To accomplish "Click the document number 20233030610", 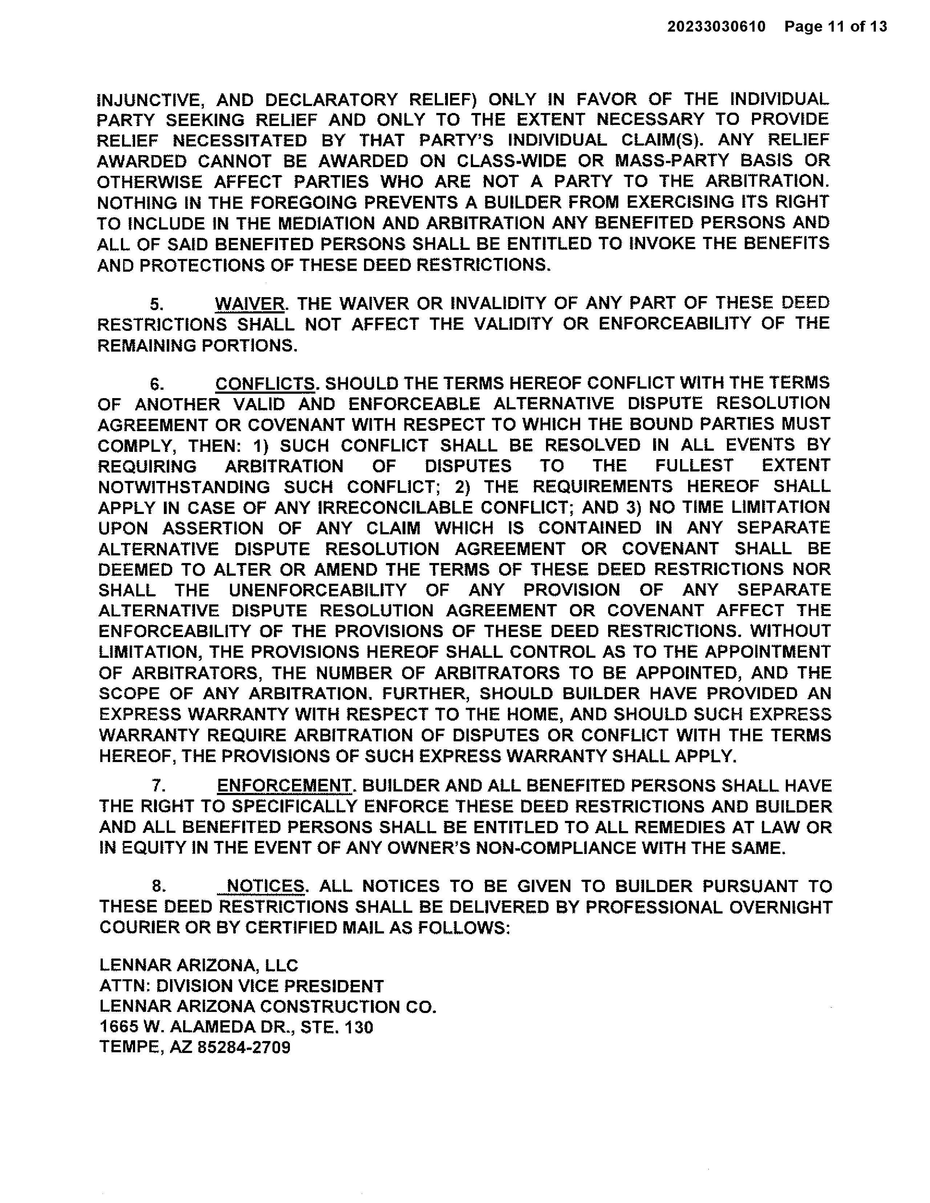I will click(x=716, y=27).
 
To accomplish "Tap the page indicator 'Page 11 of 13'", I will click(x=836, y=27).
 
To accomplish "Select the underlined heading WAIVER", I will click(x=250, y=304).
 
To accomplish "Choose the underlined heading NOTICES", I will click(x=265, y=886).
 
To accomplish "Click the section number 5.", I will click(x=157, y=304).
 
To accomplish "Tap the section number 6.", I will click(x=157, y=384).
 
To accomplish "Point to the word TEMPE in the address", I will click(x=130, y=1048).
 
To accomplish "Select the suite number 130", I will click(x=359, y=1027).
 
